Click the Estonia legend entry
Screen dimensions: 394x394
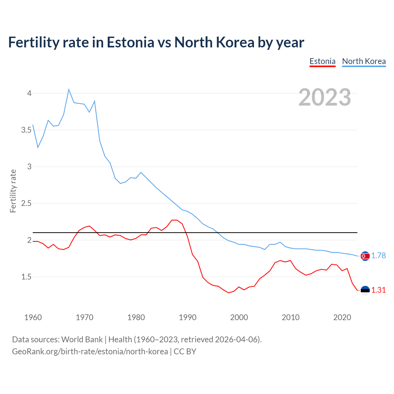coord(322,61)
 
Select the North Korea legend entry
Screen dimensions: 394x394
coord(364,61)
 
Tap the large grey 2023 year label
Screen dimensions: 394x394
coord(325,97)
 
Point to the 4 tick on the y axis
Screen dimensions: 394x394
coord(30,93)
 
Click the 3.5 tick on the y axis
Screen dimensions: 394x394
coord(26,130)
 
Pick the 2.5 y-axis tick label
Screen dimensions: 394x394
coord(26,203)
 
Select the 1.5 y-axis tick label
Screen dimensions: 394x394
coord(26,277)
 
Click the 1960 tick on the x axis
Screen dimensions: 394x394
coord(33,317)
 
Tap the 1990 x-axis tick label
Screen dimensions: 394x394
coord(187,317)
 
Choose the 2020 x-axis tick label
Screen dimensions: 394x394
coord(342,317)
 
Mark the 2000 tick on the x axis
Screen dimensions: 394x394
coord(239,317)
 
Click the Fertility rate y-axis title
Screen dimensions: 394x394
coord(13,191)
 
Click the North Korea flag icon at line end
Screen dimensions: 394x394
coord(365,256)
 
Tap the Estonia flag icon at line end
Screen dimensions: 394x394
coord(365,290)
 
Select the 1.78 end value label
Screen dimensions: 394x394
coord(378,256)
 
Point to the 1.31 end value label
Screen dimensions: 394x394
coord(378,290)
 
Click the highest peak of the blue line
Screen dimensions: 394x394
coord(69,90)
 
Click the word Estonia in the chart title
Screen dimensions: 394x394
coord(130,42)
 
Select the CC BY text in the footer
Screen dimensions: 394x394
coord(185,352)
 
